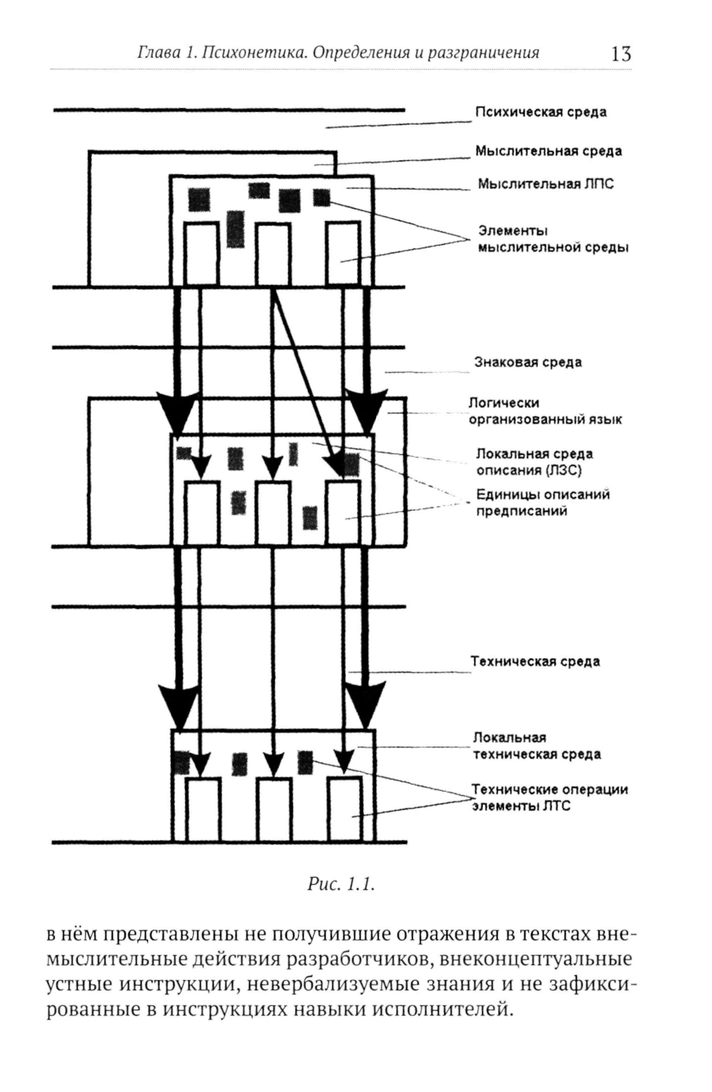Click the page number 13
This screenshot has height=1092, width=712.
620,54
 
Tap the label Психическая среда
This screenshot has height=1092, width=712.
540,112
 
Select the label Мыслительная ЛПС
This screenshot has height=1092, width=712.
545,184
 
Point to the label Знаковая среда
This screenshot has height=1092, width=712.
528,362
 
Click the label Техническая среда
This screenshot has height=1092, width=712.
535,662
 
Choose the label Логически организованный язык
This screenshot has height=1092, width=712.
544,411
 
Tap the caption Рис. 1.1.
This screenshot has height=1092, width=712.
341,885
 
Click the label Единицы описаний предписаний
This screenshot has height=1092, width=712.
543,503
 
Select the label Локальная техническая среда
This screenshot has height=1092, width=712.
537,746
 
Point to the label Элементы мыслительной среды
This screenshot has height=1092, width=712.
553,239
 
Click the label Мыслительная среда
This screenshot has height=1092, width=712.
548,151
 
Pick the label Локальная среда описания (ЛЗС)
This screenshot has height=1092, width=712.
534,462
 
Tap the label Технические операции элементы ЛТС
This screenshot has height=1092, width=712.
550,798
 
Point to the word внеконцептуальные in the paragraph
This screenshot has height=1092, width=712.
535,959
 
